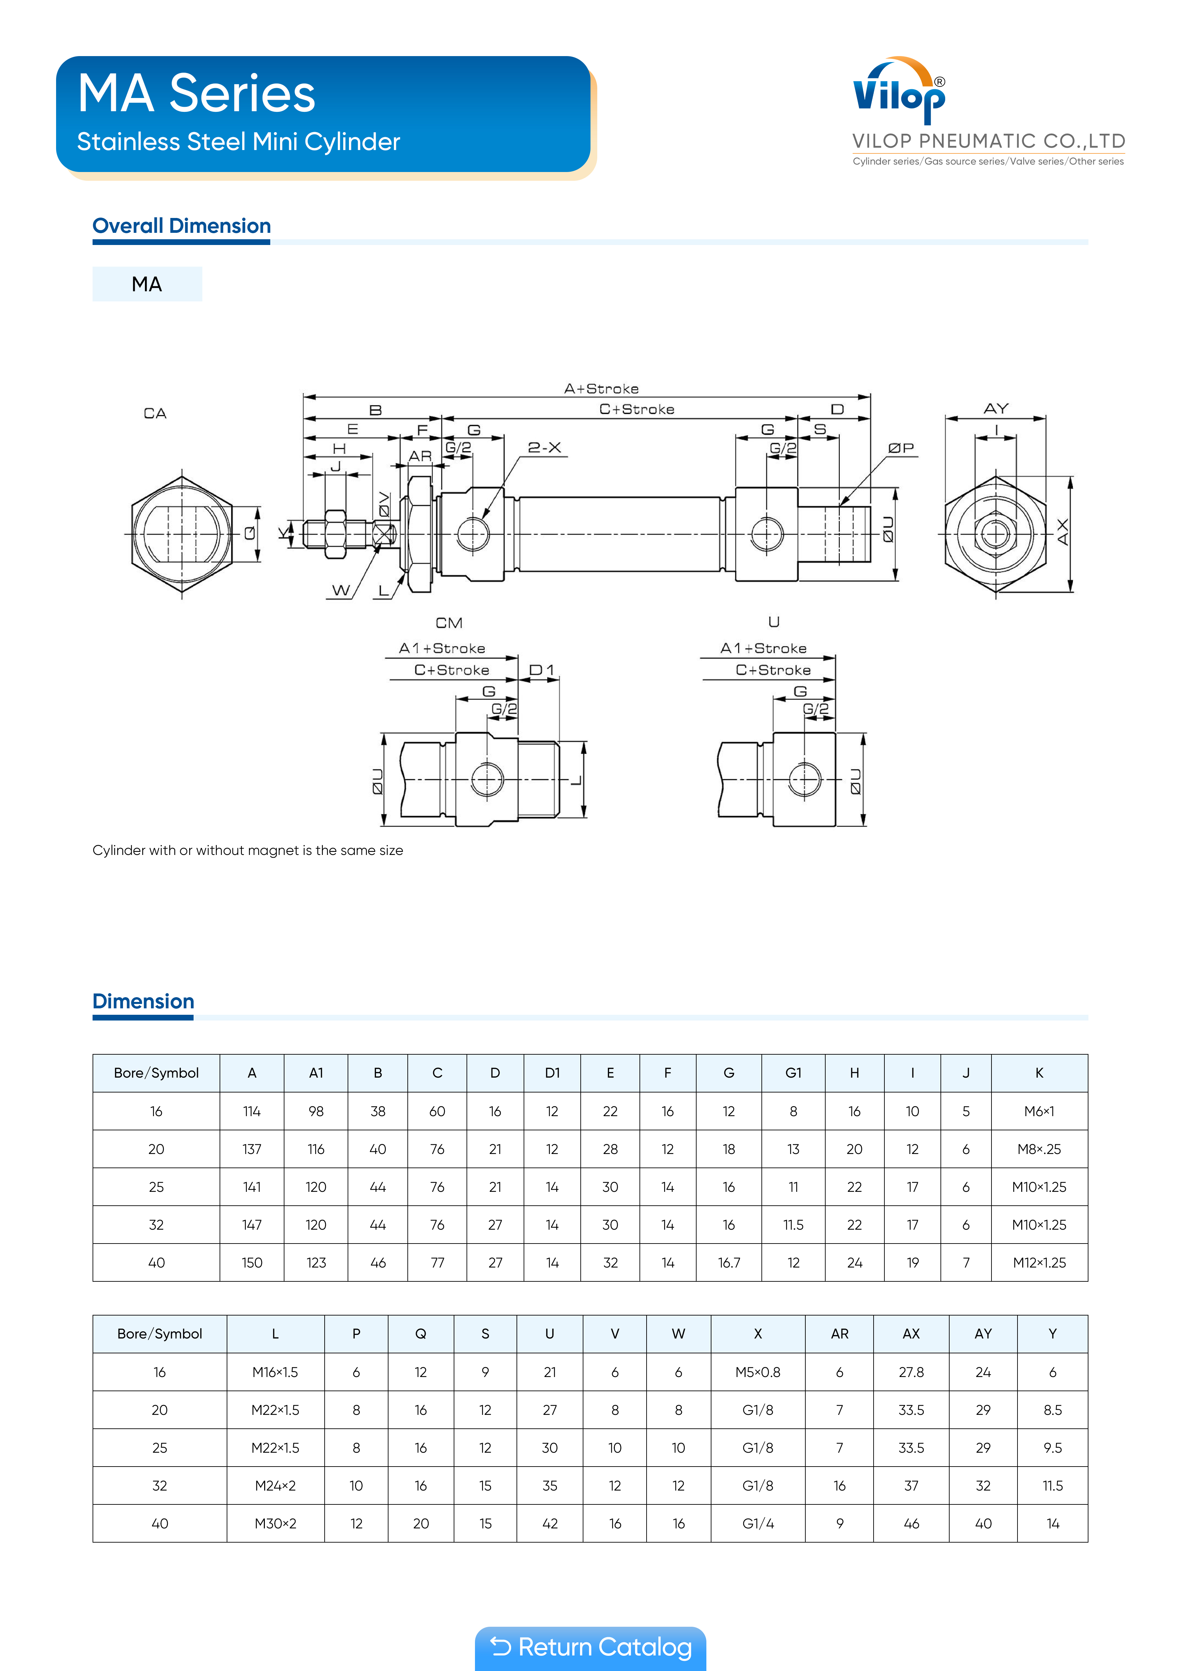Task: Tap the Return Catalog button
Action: (x=590, y=1647)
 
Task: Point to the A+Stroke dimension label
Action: (x=601, y=389)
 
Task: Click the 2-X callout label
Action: (x=544, y=448)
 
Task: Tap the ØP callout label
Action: (x=901, y=448)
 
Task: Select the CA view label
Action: (x=155, y=413)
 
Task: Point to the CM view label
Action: (x=449, y=623)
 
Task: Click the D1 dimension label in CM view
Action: (x=542, y=669)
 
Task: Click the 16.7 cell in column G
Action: (x=728, y=1263)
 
